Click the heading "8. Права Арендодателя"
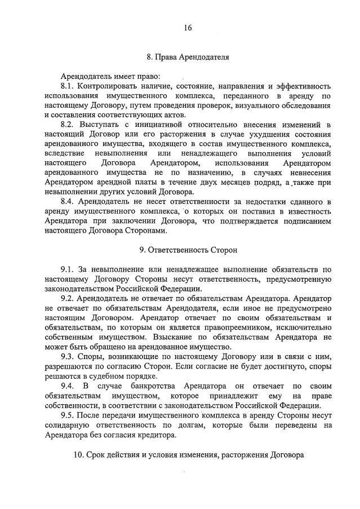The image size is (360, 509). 188,56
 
